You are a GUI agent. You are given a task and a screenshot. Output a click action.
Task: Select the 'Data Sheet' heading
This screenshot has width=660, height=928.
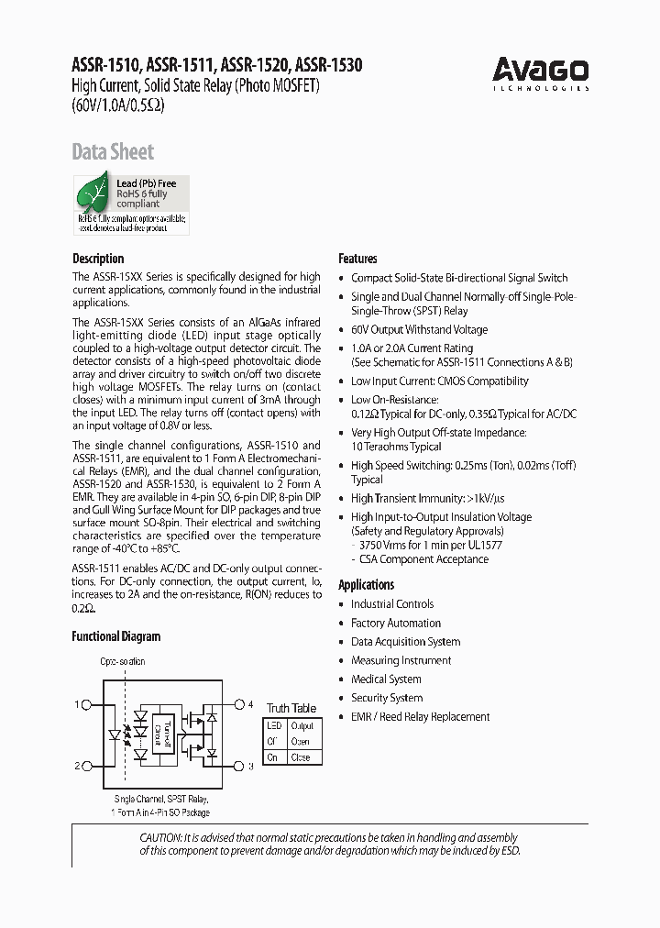(113, 152)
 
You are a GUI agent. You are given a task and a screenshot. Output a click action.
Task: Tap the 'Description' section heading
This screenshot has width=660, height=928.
(98, 259)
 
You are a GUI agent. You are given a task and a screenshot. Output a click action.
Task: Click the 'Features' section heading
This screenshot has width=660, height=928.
(357, 259)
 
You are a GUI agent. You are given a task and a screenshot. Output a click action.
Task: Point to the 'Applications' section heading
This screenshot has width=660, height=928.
(366, 585)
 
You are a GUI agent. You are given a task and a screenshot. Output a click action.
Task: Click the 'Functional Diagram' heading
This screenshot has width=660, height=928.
(115, 636)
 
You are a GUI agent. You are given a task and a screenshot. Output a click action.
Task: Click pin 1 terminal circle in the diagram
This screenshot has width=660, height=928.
(86, 705)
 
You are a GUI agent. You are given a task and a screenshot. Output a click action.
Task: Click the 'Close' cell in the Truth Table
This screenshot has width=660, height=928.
(301, 757)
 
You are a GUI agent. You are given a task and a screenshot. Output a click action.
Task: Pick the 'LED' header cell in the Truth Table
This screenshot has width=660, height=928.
(273, 726)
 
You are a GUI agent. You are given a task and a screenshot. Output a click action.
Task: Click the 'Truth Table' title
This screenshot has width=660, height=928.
(291, 708)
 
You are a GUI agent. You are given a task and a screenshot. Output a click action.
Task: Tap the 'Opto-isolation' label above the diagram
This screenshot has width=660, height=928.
(122, 662)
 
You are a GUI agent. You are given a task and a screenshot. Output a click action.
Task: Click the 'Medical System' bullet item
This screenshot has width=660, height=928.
(386, 679)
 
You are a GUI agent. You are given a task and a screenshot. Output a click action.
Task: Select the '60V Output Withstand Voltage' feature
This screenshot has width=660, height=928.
(419, 329)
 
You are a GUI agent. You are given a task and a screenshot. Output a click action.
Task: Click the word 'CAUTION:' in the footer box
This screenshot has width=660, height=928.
(160, 837)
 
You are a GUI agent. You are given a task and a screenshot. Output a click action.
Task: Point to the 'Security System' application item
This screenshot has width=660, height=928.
(386, 698)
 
